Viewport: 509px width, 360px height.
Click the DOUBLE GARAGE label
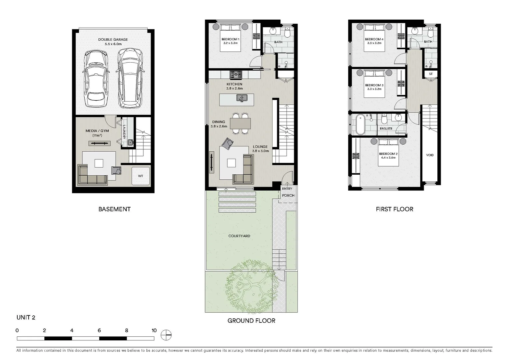113,39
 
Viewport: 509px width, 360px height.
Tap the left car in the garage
97,79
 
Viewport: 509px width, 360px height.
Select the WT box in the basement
141,176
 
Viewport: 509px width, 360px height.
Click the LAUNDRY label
124,132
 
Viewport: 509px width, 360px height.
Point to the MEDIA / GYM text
97,131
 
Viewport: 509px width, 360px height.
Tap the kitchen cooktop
236,74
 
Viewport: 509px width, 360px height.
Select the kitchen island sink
242,98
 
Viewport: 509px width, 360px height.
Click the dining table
240,124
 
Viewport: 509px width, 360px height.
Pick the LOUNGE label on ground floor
260,147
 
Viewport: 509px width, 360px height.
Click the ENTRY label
287,189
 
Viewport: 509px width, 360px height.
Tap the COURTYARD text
239,236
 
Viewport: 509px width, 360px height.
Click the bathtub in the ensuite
360,124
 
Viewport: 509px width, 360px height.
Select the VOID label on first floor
430,155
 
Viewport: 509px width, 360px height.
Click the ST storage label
431,74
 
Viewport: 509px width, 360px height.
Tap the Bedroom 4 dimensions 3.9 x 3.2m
374,43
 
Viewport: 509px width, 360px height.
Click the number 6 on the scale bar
99,331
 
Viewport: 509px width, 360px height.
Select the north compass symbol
166,335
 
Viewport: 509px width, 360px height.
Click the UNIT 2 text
26,317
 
